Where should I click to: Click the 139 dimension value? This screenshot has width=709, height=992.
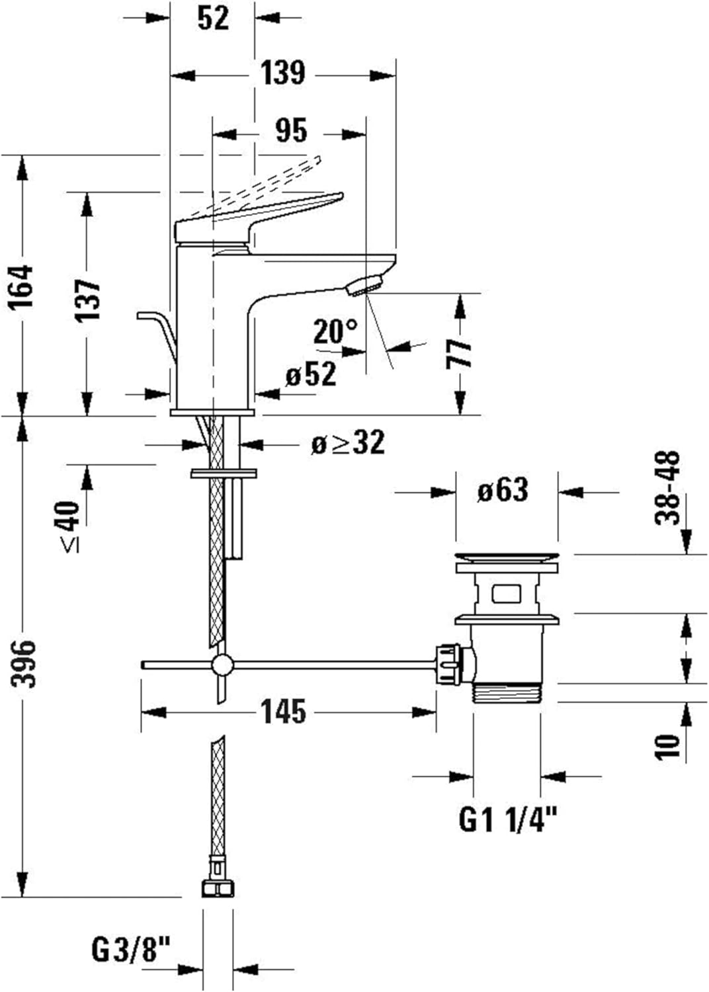(282, 73)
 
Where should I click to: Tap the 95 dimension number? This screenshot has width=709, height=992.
(291, 130)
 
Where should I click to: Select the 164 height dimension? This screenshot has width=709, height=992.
(22, 286)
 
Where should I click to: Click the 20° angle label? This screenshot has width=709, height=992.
(335, 331)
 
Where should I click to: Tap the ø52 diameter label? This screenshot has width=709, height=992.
(311, 375)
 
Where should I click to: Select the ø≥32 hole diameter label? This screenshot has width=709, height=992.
(348, 443)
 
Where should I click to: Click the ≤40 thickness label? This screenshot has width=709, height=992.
(70, 526)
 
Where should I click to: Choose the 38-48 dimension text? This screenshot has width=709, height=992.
(668, 487)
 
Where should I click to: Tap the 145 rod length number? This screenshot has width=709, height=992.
(283, 712)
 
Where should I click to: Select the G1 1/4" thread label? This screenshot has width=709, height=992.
(508, 821)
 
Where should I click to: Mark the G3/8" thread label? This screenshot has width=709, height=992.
(130, 951)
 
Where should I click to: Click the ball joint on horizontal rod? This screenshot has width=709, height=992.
(222, 664)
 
